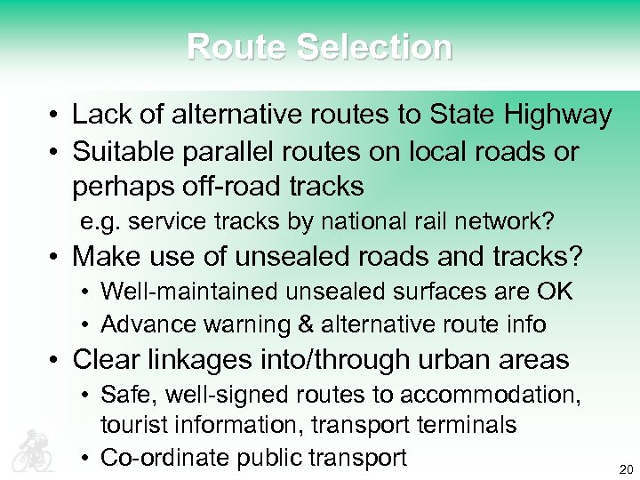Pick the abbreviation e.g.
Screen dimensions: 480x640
[98, 221]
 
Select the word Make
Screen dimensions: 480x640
[106, 257]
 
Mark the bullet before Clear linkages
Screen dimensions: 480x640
[55, 360]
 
